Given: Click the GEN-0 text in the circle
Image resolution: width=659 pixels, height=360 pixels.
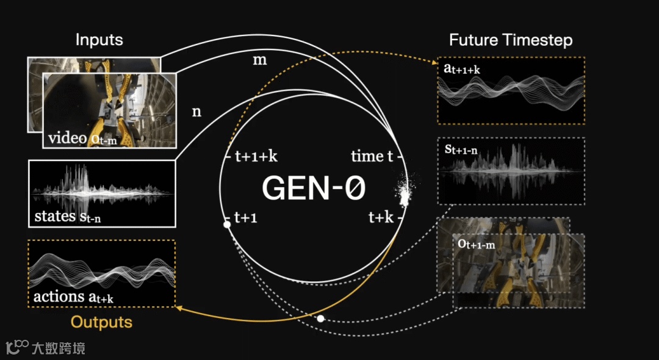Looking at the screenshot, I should coord(314,188).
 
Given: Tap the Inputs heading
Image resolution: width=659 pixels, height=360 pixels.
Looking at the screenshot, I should coord(99,40).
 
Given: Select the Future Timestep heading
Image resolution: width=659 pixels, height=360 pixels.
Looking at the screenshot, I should coord(511,40).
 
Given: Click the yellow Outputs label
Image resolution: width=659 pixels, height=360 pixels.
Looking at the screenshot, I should coord(101,322).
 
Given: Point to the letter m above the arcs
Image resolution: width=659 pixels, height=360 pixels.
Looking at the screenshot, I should coord(259,61).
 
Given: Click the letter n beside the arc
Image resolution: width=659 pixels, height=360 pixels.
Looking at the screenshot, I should coord(196,112).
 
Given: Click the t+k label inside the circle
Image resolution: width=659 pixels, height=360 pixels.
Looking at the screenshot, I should coord(381,217).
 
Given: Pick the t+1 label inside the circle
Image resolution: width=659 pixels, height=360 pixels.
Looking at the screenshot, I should coord(247,217).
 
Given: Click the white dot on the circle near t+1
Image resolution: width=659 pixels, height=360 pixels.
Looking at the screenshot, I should coord(227,225).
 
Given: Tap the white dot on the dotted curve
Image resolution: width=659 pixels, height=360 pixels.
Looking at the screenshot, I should coord(320,319).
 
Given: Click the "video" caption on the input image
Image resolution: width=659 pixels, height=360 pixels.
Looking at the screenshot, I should coord(68,138).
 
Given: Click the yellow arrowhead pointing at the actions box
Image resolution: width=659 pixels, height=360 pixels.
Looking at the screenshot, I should coord(179,308).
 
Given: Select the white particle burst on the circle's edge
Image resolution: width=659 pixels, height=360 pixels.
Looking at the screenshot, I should coord(403,193).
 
